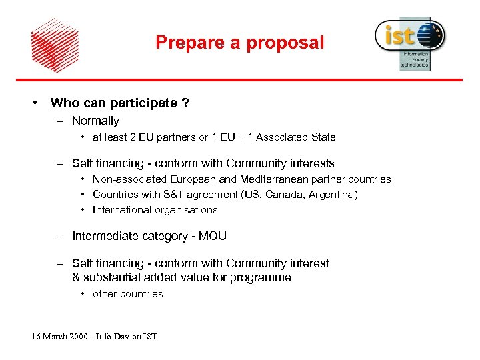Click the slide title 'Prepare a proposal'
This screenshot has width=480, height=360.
239,43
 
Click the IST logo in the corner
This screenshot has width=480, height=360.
409,42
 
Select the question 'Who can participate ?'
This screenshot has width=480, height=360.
119,103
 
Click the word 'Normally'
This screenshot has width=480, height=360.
95,121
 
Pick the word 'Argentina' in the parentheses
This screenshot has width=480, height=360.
333,195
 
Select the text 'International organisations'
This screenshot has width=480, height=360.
155,210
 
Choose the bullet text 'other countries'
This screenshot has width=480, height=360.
127,294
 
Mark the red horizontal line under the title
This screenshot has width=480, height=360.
239,80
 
